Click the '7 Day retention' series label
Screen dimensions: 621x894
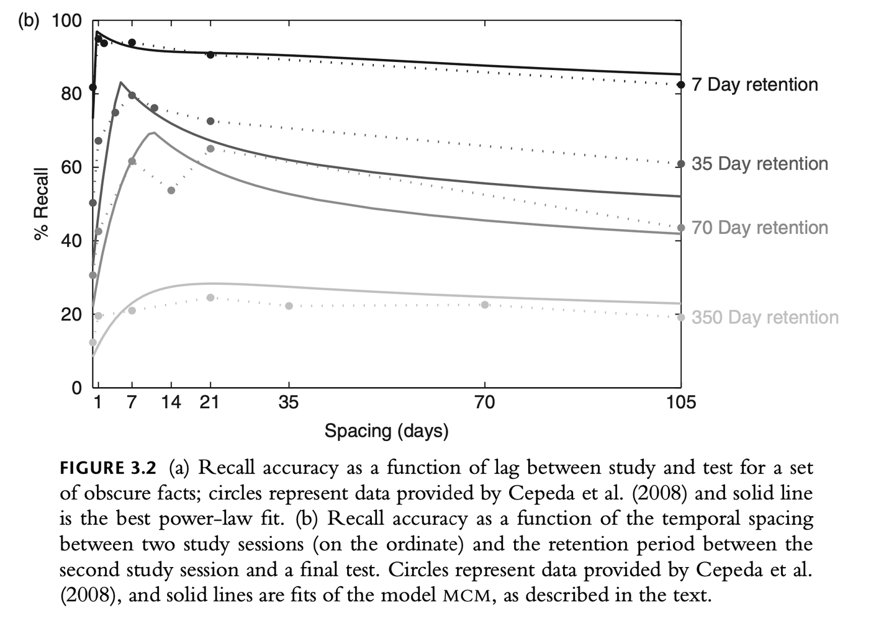tap(754, 84)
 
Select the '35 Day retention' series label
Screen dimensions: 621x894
tap(759, 164)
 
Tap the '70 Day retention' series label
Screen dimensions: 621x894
tap(759, 228)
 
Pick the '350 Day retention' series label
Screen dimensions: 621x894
tap(765, 317)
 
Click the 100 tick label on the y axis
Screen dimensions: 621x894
tap(66, 20)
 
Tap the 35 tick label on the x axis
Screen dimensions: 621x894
tap(289, 403)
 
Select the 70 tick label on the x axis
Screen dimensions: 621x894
tap(485, 403)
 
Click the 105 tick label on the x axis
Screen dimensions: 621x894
tap(681, 403)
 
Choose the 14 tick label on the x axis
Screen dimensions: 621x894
tap(171, 403)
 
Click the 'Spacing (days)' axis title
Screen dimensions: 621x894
tap(386, 431)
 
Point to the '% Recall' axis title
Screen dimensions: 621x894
tap(41, 203)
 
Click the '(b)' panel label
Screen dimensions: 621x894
tap(29, 20)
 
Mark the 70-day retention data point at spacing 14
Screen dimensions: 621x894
tap(171, 190)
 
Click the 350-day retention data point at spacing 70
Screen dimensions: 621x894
tap(485, 305)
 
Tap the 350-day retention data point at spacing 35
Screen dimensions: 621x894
tap(289, 306)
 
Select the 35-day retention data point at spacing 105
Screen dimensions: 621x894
tap(681, 164)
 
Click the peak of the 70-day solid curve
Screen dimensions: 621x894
tap(153, 132)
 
